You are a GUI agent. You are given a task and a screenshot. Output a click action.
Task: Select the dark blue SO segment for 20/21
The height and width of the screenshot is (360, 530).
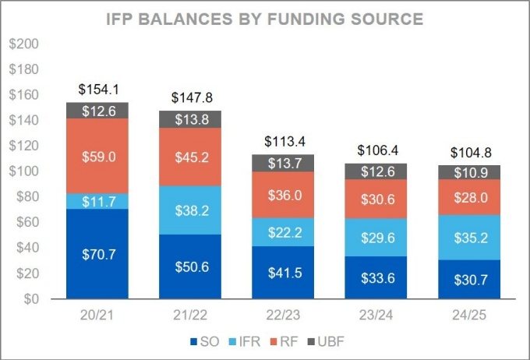[x=97, y=253]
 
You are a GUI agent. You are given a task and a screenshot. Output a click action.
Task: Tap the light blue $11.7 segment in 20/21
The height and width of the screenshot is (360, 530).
[x=97, y=201]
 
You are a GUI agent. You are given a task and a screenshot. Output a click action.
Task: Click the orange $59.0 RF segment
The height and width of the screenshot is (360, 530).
[x=97, y=156]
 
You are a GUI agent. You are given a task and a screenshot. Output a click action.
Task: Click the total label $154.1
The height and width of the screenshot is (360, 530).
[x=97, y=90]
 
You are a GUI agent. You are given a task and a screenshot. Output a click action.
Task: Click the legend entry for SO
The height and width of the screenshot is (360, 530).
[x=205, y=341]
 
